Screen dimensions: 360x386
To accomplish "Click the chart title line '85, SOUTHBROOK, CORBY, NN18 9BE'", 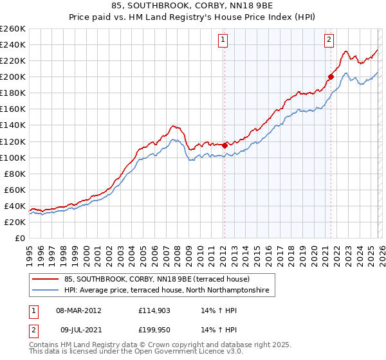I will click(193, 6).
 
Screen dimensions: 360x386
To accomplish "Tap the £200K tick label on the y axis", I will click(12, 76).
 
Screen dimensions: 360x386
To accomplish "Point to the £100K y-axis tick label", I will click(12, 157).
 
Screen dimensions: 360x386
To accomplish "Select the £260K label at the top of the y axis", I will click(12, 29).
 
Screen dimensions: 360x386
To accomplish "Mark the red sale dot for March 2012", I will click(225, 145).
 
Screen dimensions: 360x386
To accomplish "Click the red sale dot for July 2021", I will click(331, 76).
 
